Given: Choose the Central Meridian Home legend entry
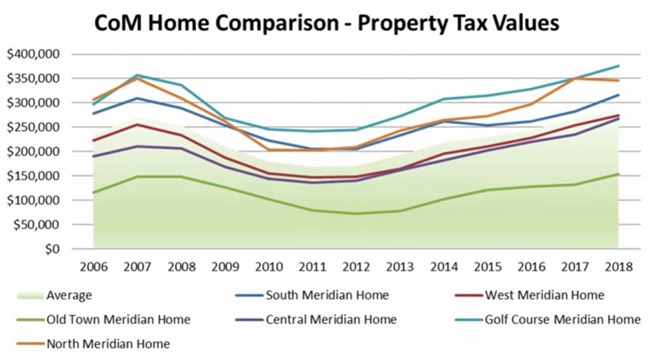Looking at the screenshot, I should (328, 319).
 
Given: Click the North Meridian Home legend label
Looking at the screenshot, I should (107, 343).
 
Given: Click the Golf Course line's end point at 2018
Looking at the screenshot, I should (618, 66).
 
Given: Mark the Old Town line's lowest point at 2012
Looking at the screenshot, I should (355, 213).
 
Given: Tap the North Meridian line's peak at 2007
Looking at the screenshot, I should (137, 78).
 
